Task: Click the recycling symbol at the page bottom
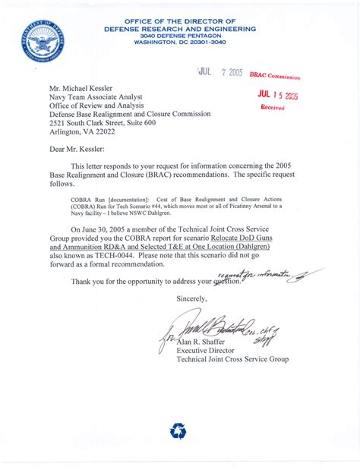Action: [178, 432]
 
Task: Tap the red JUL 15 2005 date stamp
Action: [276, 95]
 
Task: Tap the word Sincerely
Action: [191, 299]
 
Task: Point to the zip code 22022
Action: [104, 130]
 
